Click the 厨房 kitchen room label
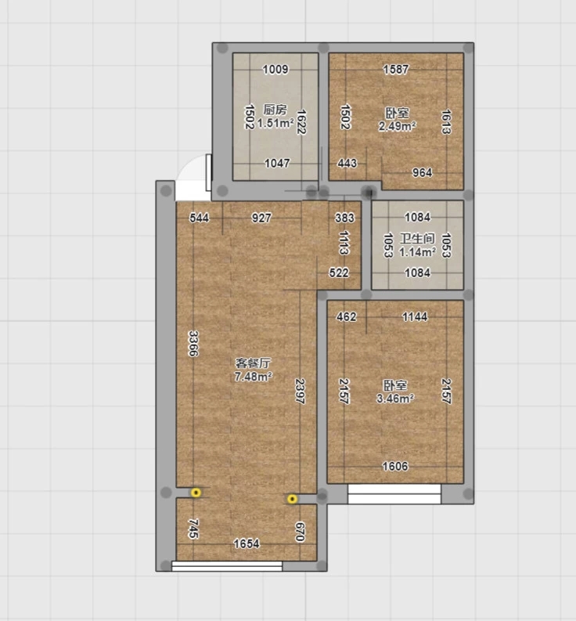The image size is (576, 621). (x=275, y=110)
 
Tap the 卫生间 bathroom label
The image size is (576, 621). (x=417, y=238)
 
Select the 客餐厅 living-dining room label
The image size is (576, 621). (x=253, y=363)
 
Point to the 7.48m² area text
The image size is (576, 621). (x=253, y=376)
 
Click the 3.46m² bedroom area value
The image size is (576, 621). (x=395, y=398)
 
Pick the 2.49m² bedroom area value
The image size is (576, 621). (x=397, y=126)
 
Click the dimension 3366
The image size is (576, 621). (x=193, y=343)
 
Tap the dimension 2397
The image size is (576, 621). (x=300, y=392)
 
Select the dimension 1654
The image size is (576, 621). (x=247, y=543)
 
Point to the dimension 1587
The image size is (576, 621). (x=395, y=70)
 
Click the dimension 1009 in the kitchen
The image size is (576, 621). (x=275, y=70)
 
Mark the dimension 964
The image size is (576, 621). (x=422, y=172)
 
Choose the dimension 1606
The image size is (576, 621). (x=394, y=466)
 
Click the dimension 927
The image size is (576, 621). (x=261, y=218)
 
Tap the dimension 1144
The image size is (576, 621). (x=415, y=316)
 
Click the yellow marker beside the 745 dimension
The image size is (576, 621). (x=196, y=493)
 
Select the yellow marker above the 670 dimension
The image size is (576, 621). (x=292, y=499)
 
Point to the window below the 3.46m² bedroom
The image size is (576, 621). (x=394, y=494)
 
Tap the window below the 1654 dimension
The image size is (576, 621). (x=227, y=566)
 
